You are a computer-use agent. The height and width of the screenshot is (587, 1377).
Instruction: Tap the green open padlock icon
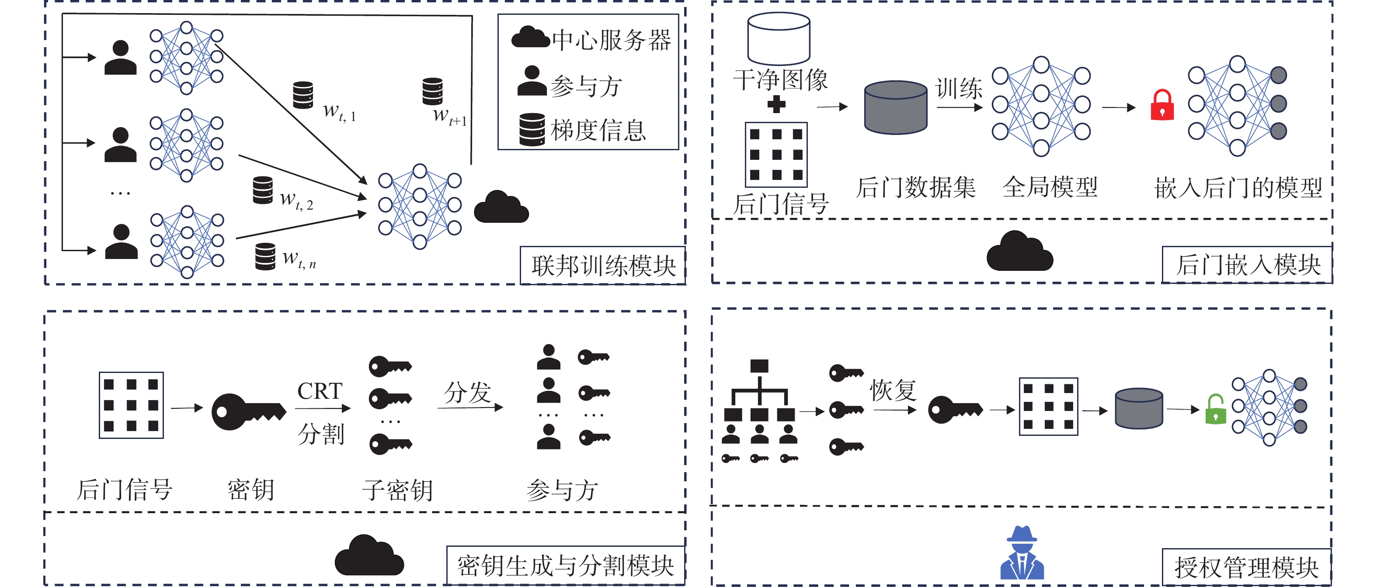click(x=1216, y=410)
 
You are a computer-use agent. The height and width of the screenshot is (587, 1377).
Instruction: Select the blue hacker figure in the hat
click(x=1022, y=553)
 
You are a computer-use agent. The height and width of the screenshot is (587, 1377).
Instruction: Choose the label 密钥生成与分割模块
click(x=566, y=566)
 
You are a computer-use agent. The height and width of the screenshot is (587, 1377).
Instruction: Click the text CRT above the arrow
click(x=320, y=391)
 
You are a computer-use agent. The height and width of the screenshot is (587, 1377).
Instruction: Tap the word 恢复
click(x=893, y=390)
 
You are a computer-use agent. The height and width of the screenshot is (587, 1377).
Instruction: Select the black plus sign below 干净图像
click(x=776, y=104)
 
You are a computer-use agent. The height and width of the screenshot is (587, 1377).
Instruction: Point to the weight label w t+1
click(x=449, y=116)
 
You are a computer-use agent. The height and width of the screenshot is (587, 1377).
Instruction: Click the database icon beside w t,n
click(x=265, y=257)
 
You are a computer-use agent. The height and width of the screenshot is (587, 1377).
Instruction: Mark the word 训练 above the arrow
click(x=959, y=88)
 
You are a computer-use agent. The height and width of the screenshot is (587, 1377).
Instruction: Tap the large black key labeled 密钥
click(x=249, y=412)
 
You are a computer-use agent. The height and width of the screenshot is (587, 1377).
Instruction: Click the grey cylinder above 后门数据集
click(x=895, y=107)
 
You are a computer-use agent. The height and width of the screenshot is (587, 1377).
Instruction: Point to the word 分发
click(x=468, y=393)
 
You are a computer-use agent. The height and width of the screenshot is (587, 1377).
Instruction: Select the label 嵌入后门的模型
click(x=1238, y=187)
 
